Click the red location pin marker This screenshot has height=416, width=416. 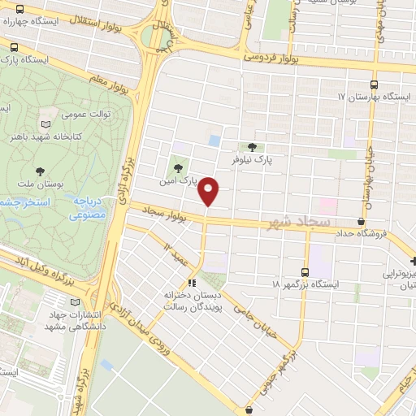pos(209,192)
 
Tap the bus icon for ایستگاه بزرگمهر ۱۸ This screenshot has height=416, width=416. pos(305,272)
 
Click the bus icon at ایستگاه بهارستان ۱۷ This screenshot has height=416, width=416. pos(374,84)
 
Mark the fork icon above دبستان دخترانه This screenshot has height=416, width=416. pos(193,283)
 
